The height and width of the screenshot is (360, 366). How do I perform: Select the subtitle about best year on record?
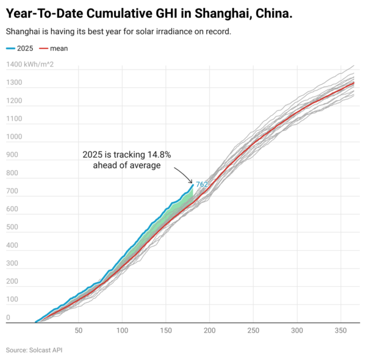coord(118,32)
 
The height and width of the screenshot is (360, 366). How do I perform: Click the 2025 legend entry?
coord(20,48)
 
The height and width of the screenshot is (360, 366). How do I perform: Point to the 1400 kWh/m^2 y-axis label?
coord(30,65)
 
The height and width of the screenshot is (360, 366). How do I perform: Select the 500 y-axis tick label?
coord(13,228)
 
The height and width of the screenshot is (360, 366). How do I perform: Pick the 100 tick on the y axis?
coord(13,300)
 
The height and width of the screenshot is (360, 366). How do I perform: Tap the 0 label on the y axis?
coord(8,318)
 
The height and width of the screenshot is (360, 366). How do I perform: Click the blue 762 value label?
coord(202,182)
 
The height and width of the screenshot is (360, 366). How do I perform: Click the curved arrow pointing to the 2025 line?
coord(185,176)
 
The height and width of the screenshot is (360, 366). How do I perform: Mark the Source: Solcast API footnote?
coord(34,350)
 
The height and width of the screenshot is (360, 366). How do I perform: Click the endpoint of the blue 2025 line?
coord(193,185)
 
